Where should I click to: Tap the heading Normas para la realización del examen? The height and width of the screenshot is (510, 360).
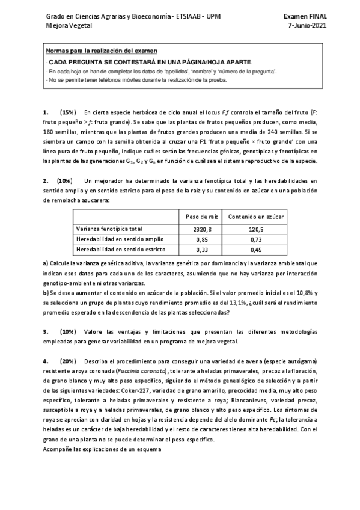coord(101,52)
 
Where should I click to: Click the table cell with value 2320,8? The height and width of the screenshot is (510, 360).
coord(201,229)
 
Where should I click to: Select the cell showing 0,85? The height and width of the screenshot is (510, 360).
coord(201,239)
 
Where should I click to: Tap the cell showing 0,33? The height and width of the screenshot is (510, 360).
coord(201,249)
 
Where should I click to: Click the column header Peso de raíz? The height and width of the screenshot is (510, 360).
coord(201,215)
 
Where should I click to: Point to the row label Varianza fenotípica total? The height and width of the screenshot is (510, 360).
coord(109,229)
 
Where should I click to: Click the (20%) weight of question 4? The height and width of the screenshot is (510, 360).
coord(68,361)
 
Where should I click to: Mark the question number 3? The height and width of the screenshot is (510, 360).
coord(46,331)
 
